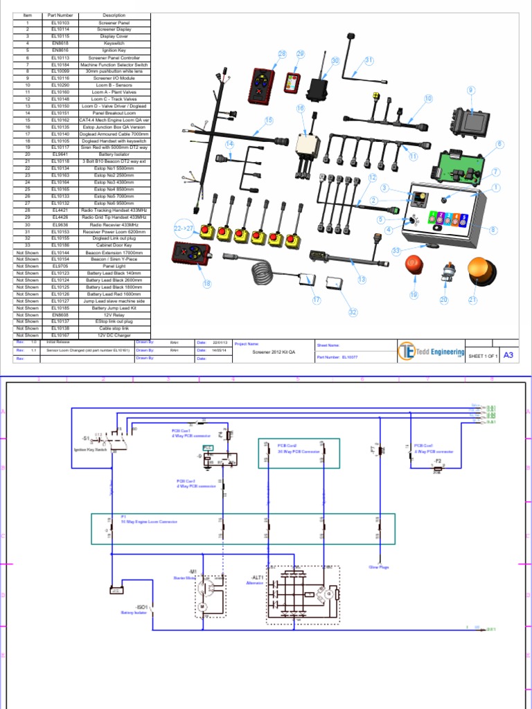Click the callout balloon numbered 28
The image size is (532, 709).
click(282, 54)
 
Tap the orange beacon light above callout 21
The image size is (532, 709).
click(480, 271)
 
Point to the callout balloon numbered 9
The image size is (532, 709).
click(471, 90)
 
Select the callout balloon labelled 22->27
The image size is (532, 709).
click(184, 228)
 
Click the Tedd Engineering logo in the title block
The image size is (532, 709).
click(431, 352)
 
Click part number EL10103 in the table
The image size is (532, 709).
click(60, 23)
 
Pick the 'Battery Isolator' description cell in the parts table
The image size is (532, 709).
click(114, 154)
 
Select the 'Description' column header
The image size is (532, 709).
click(114, 15)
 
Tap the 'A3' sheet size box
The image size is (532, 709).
click(508, 354)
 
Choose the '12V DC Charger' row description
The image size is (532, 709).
click(114, 335)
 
